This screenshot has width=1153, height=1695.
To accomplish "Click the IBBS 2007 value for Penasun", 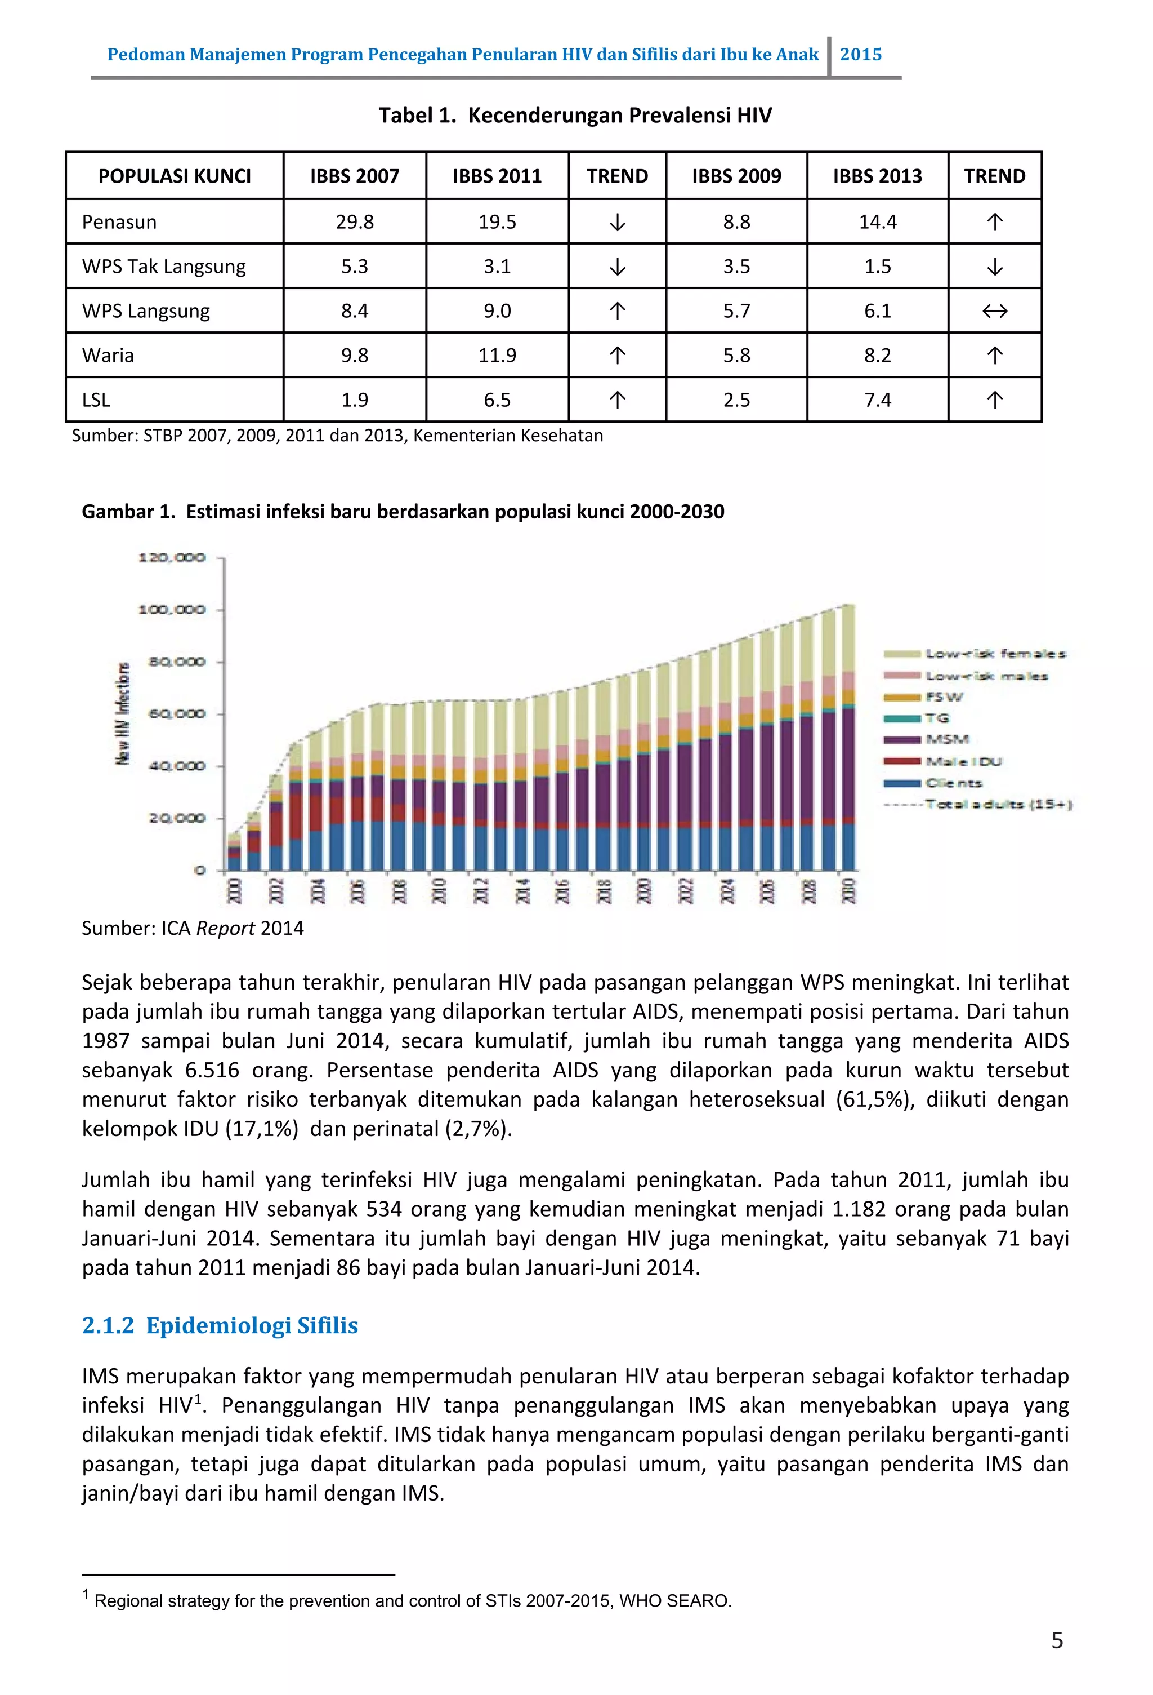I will tap(354, 221).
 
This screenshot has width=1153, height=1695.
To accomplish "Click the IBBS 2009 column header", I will tap(736, 176).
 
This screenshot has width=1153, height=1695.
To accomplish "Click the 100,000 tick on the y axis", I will tap(172, 610).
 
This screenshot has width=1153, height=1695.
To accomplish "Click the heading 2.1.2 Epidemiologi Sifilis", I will tap(220, 1325).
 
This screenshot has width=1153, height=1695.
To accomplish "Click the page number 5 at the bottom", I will tap(1057, 1640).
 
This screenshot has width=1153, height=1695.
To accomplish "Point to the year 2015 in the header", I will tap(861, 55).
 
